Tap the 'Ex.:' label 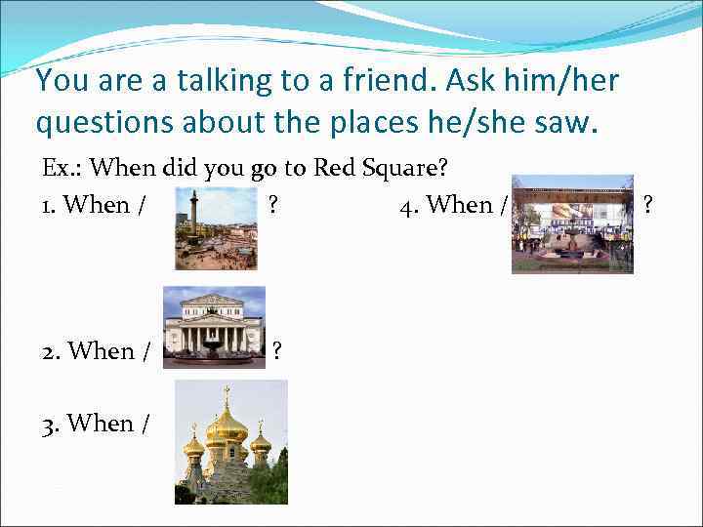pos(62,168)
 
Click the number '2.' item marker pos(51,351)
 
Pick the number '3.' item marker pos(51,424)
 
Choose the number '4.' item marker pos(409,205)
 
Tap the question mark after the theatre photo pos(277,350)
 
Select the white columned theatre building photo pos(214,326)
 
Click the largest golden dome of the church pos(227,424)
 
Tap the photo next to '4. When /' pos(572,224)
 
